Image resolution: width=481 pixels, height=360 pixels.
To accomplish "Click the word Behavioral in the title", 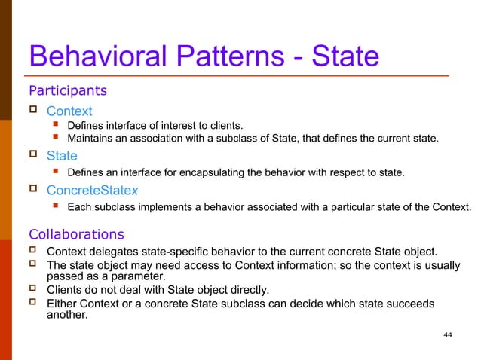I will (88, 57).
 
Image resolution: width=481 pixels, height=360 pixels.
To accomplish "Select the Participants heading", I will (67, 91).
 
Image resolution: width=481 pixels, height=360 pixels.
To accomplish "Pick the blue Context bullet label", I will (69, 111).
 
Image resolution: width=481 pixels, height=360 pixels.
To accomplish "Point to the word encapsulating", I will (210, 172).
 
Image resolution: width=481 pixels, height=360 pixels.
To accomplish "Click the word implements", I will (169, 206).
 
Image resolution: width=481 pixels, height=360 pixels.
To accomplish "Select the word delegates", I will (115, 251).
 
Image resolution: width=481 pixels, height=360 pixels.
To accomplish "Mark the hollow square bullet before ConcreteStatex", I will (32, 189).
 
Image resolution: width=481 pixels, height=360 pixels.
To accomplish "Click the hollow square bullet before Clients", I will (32, 289).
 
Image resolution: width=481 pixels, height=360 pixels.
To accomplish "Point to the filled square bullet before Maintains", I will (55, 139).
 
